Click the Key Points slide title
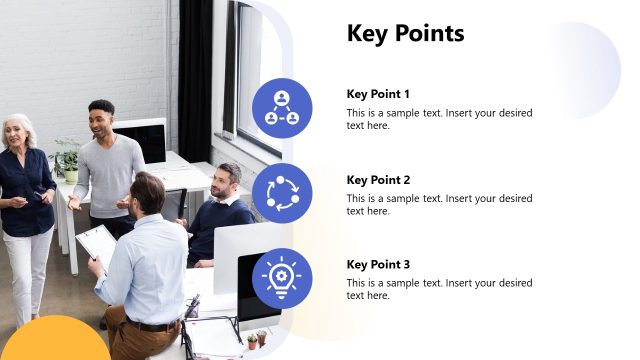[405, 34]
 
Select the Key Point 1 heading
[378, 94]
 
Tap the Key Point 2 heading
[378, 180]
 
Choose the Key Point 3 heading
[378, 265]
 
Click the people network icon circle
[282, 108]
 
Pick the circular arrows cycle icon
[282, 193]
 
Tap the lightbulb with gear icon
[282, 278]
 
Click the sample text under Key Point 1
[439, 119]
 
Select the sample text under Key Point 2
[439, 204]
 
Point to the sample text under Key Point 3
[439, 289]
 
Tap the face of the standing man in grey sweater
[101, 119]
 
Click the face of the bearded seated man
[228, 181]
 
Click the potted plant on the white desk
[68, 160]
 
